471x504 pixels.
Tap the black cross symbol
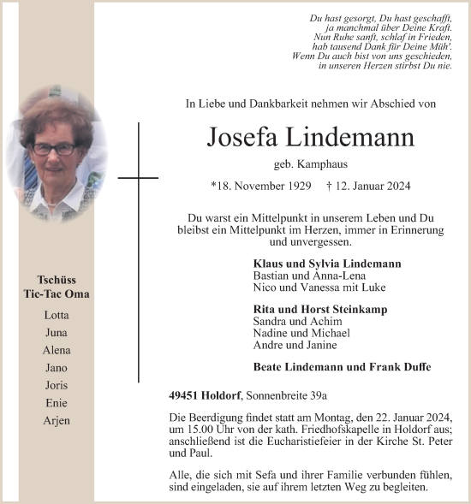click(138, 178)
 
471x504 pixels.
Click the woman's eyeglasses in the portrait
click(55, 149)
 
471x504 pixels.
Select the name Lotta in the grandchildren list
click(57, 315)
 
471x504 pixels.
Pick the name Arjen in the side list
click(57, 420)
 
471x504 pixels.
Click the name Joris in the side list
click(57, 385)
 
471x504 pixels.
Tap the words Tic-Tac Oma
click(57, 294)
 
